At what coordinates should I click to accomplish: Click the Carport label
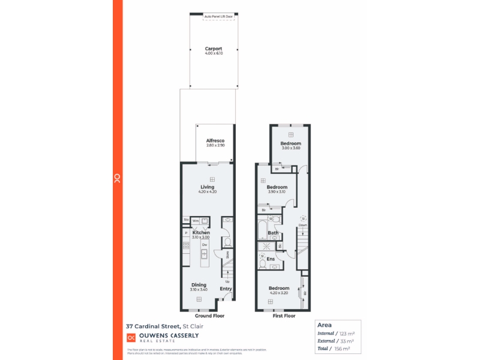(214, 49)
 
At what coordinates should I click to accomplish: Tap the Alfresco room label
(215, 140)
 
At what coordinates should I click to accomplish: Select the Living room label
(207, 187)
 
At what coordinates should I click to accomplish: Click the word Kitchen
(200, 232)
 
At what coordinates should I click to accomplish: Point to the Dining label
(199, 284)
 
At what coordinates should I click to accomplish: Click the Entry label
(226, 289)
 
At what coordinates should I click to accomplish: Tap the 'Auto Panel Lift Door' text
(218, 16)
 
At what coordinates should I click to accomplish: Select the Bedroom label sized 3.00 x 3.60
(291, 144)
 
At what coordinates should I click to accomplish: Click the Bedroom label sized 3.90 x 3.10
(277, 187)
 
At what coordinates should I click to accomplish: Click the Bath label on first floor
(273, 233)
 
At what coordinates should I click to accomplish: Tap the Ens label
(271, 259)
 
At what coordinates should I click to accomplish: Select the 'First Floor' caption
(284, 315)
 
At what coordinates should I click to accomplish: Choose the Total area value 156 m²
(342, 348)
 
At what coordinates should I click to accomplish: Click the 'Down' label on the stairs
(303, 225)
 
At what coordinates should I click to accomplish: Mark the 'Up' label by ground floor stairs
(227, 281)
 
